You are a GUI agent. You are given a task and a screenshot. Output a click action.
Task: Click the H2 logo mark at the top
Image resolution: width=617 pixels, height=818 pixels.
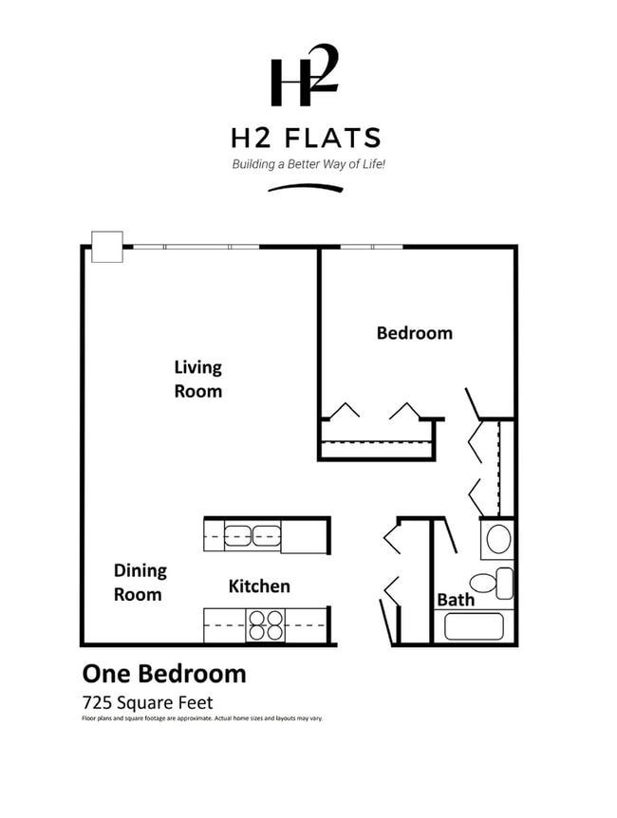point(304,76)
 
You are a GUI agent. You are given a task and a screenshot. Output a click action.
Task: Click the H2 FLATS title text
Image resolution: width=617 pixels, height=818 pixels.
point(306,139)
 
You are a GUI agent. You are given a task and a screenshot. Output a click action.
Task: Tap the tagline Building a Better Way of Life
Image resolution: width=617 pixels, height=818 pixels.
point(308,164)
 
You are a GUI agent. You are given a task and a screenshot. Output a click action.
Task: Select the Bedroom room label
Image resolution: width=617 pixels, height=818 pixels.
point(414,333)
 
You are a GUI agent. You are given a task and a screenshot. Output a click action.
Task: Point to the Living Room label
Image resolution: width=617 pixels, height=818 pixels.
point(197,379)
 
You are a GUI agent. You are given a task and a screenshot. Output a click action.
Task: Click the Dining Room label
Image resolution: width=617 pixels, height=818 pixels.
point(139,583)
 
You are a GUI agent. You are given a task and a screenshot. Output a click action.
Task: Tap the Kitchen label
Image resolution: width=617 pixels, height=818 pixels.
point(259,586)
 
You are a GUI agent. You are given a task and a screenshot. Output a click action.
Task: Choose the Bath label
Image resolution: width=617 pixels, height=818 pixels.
point(455,600)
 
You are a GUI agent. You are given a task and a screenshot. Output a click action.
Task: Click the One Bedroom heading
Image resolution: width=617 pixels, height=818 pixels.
point(164,674)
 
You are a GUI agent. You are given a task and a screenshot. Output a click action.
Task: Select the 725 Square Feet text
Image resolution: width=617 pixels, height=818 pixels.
point(147,702)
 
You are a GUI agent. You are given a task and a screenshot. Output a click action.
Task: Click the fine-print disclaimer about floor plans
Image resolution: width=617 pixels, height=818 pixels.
point(202,718)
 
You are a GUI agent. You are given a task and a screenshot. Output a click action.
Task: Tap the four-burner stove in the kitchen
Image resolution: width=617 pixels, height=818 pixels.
point(266,626)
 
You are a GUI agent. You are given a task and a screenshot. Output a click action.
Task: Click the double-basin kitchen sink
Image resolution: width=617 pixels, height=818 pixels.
point(252,536)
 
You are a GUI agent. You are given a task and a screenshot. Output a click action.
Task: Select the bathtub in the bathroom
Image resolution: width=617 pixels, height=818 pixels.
point(474,626)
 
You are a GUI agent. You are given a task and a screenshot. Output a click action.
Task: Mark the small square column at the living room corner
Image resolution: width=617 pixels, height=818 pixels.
point(106,247)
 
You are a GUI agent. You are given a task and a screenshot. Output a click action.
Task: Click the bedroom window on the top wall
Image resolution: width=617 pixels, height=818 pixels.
point(371,247)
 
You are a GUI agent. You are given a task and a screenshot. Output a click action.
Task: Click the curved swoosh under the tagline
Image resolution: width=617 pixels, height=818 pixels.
point(305,187)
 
